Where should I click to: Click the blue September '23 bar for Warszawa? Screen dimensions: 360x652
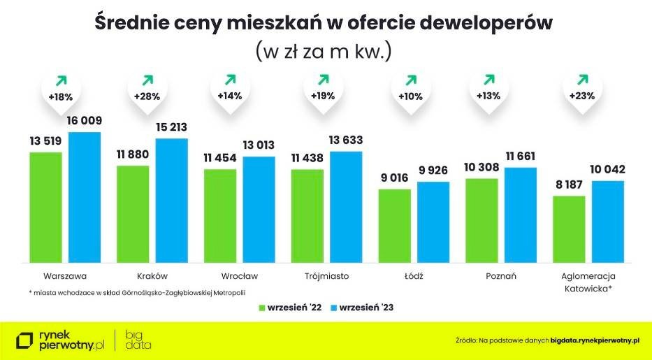point(85,196)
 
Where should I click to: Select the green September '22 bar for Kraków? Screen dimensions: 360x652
point(133,213)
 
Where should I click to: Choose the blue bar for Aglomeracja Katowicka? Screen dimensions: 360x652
point(607,220)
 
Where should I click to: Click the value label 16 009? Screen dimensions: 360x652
point(85,121)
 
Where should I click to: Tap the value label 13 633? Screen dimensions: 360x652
point(346,141)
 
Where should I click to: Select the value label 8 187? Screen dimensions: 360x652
point(569,185)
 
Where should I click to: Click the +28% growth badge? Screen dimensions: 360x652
point(147,96)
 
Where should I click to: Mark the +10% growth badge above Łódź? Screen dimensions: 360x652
point(410,96)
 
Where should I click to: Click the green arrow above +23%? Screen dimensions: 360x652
point(581,80)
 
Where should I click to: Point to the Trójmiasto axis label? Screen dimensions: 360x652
point(327,275)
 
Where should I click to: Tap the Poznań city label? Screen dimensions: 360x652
point(500,275)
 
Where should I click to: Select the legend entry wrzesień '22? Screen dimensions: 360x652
point(290,307)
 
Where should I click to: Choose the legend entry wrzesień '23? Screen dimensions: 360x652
point(366,307)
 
